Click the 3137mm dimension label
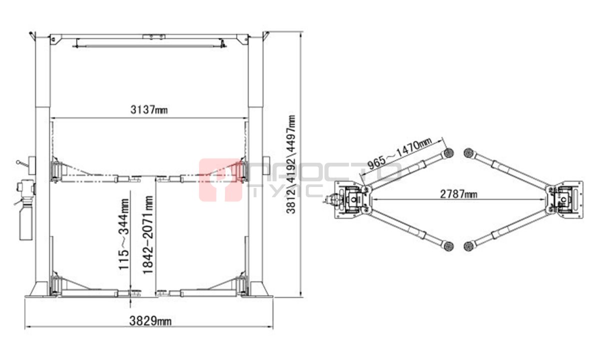click(149, 109)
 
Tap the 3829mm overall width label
click(150, 320)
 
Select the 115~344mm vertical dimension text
click(124, 234)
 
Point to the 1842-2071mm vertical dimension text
click(148, 235)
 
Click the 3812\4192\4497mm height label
click(290, 164)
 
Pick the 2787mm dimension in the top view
click(458, 194)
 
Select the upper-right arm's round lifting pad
click(468, 153)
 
